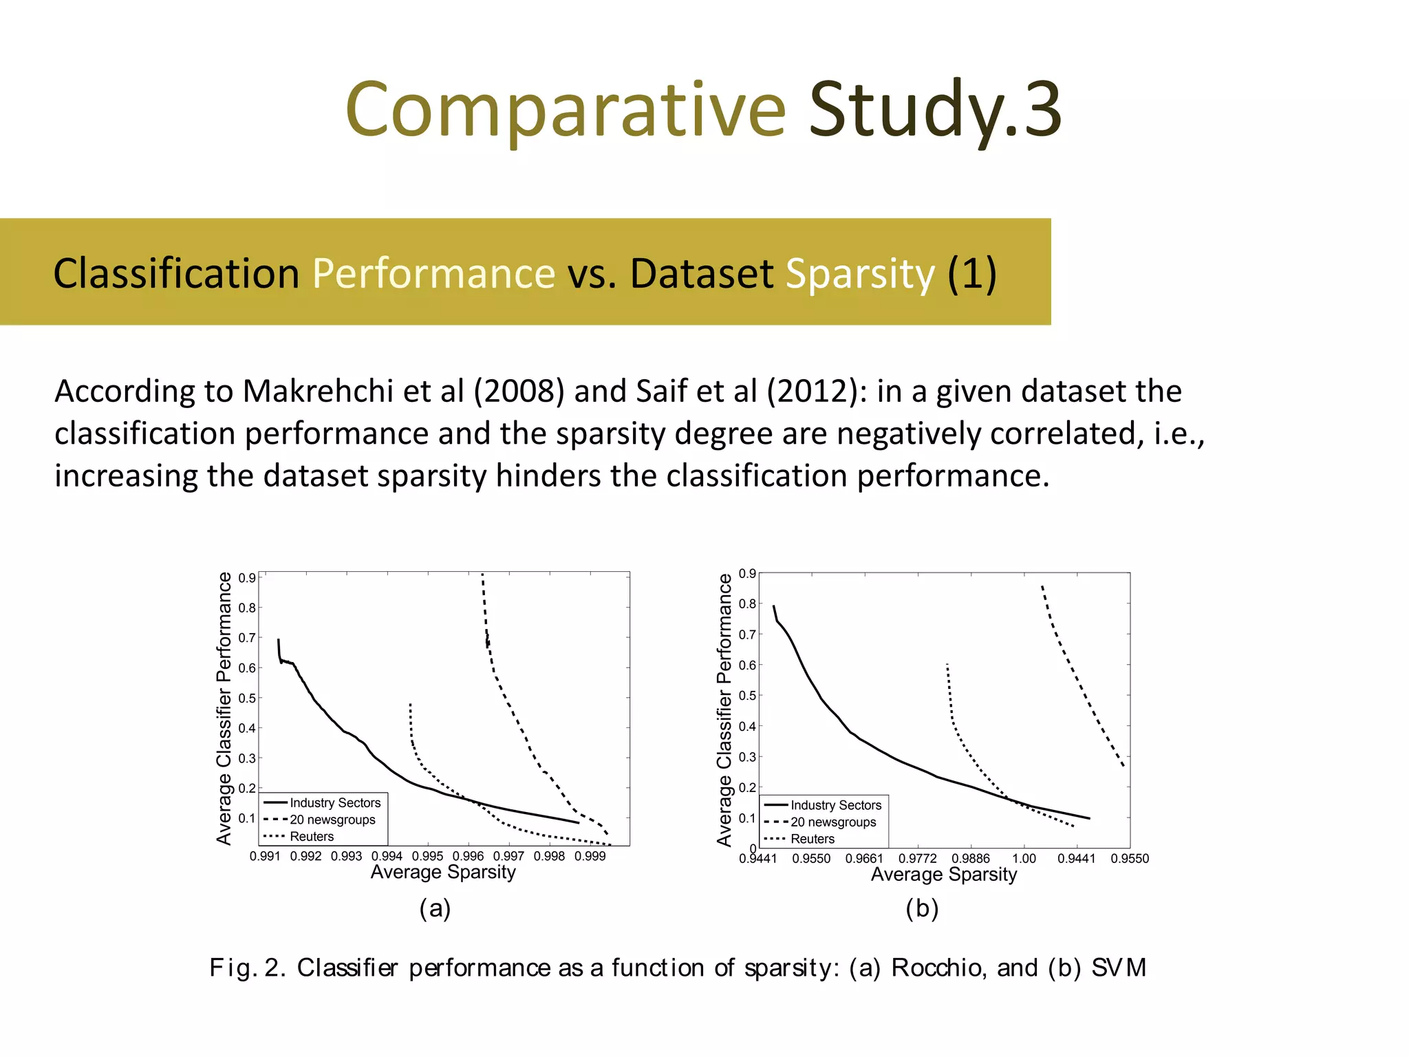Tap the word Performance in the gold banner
tap(433, 273)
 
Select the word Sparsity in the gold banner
tap(860, 273)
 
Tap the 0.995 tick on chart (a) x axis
tap(427, 856)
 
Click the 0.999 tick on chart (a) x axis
tap(590, 856)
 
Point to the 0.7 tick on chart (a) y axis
tap(247, 638)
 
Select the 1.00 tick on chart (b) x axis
tap(1024, 858)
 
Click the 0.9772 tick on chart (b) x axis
tap(918, 858)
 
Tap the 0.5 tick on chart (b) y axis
tap(747, 696)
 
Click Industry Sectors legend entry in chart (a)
tap(334, 803)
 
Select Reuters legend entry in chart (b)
tap(812, 839)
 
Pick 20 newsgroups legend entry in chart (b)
tap(832, 822)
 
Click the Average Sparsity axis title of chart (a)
tap(443, 873)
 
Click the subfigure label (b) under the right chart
tap(922, 908)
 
